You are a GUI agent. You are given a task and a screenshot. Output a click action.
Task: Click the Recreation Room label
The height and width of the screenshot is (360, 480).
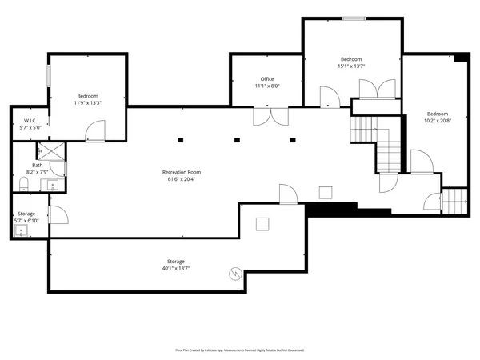click(181, 172)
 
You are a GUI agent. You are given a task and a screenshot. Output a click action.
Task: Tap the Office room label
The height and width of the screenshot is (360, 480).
click(266, 79)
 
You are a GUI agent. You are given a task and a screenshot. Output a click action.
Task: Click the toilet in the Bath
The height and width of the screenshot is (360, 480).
click(24, 186)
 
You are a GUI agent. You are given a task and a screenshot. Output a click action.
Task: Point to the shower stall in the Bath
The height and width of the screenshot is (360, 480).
click(51, 150)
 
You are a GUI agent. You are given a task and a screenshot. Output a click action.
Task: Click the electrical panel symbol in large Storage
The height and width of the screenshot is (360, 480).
click(234, 273)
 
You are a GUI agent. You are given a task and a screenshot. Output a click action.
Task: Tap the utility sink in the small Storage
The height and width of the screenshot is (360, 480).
click(22, 231)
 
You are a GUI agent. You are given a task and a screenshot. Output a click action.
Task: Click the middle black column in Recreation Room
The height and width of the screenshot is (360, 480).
click(237, 140)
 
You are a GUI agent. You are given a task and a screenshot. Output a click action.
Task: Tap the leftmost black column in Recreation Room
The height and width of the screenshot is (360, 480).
click(181, 140)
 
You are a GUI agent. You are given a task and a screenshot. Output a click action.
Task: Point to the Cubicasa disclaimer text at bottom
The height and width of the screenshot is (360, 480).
click(239, 350)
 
